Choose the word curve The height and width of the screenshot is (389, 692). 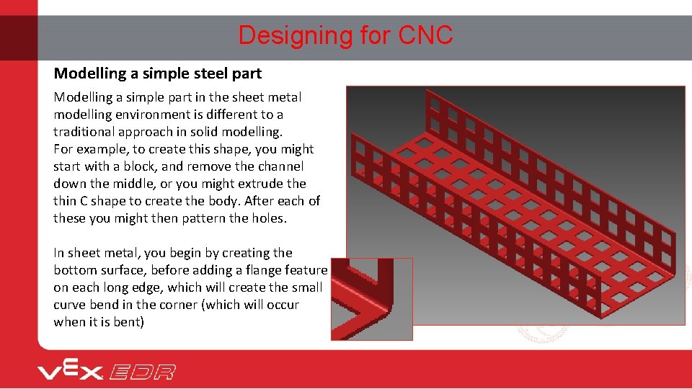(x=71, y=305)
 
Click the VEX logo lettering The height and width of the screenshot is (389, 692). (x=71, y=371)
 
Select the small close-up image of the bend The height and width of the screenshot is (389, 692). (x=372, y=299)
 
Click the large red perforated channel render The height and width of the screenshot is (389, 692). (x=515, y=205)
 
